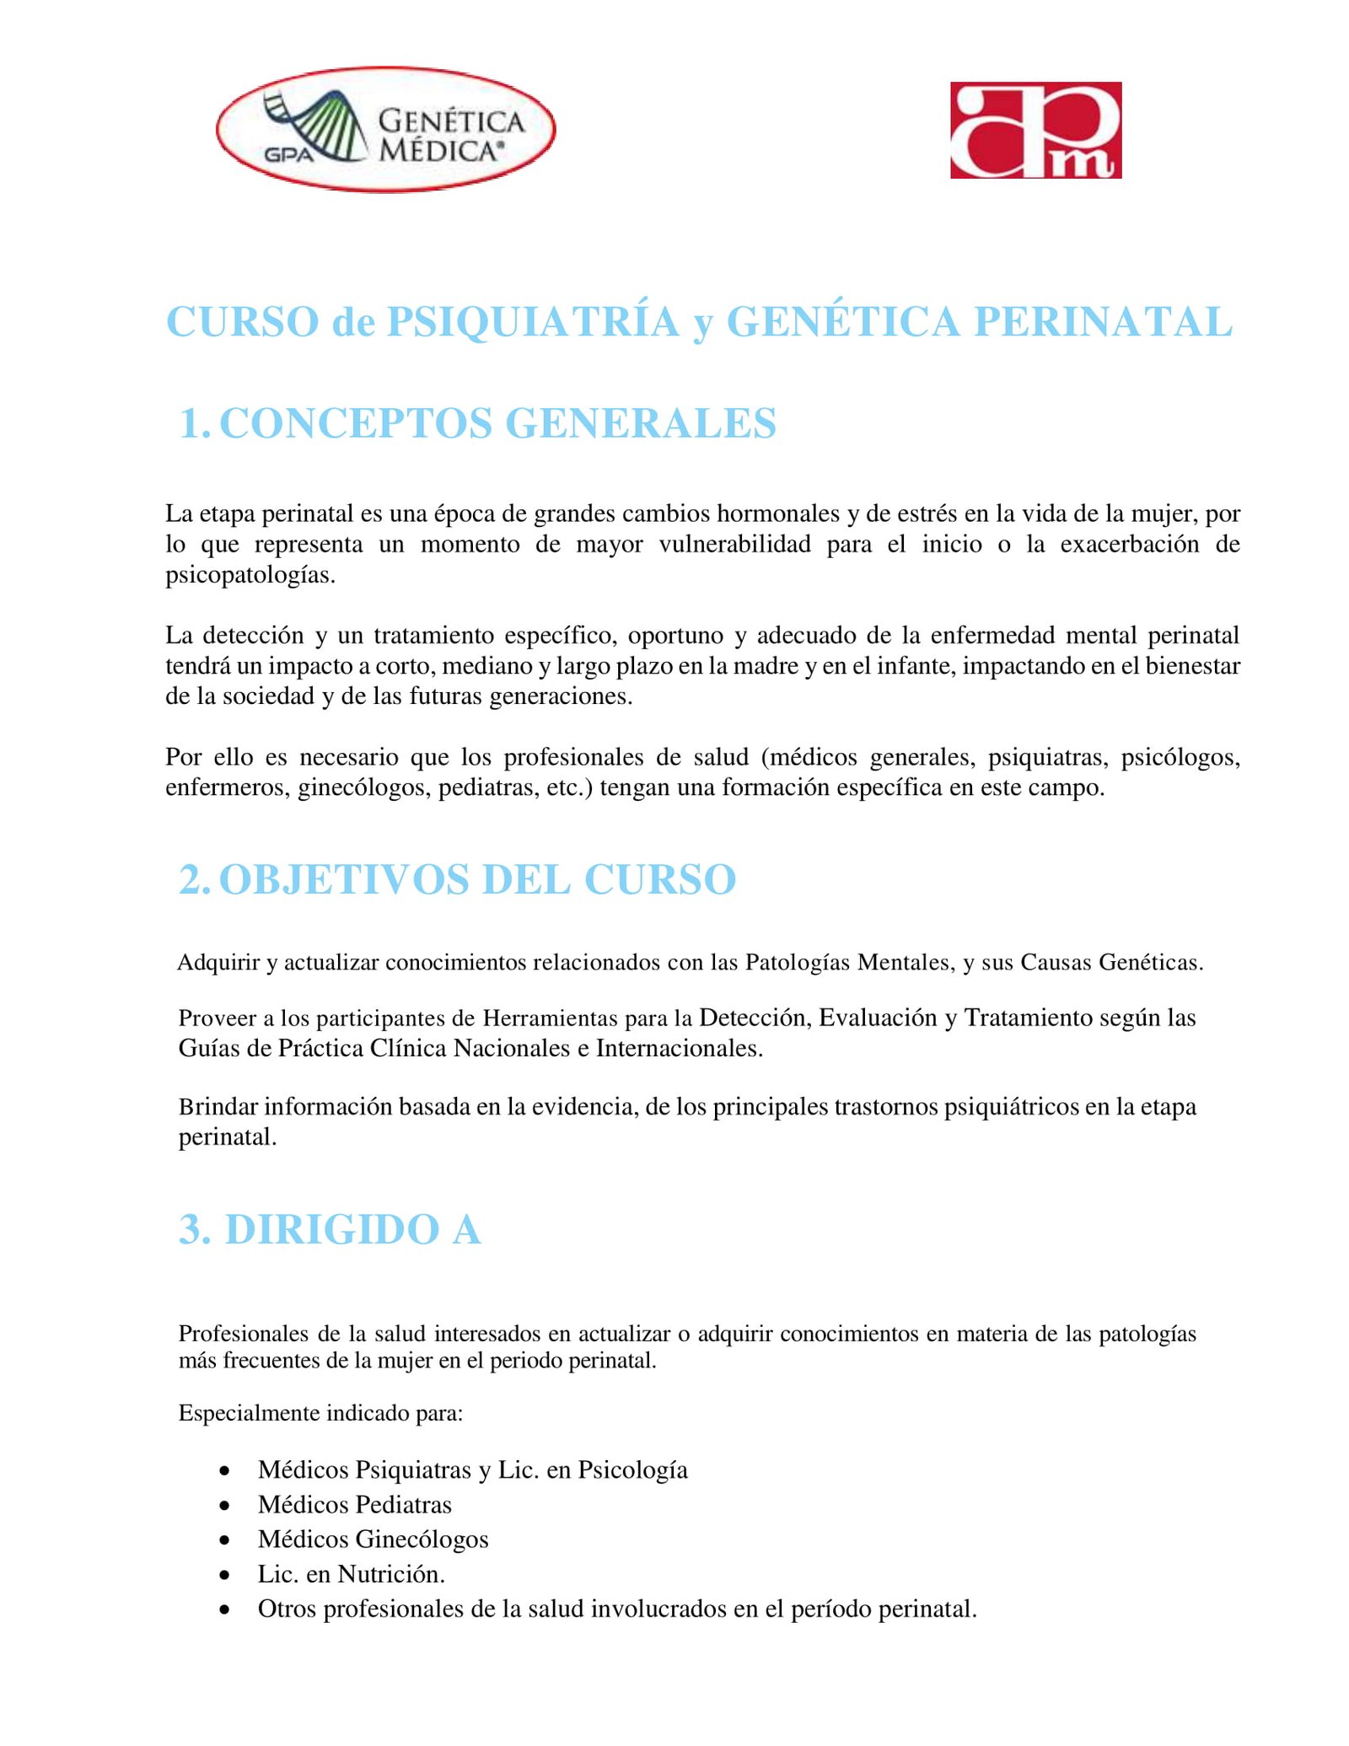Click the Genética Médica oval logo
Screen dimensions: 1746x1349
(x=385, y=129)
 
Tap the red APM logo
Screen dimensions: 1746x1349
(x=1035, y=130)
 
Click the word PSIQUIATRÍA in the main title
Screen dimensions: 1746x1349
(x=533, y=322)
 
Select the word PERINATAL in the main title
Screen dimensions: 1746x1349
(x=1103, y=322)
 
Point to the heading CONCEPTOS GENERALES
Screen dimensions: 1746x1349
(x=497, y=423)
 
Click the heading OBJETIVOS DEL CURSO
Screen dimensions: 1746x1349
(x=477, y=879)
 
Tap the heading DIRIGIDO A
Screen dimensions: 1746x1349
(x=352, y=1229)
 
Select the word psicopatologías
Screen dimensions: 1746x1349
(x=250, y=576)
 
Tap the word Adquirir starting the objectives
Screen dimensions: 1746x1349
(x=218, y=962)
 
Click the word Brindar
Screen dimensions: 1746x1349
(x=218, y=1107)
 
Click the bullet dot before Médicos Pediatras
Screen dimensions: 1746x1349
(x=224, y=1506)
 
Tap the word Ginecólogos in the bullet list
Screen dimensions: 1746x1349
(x=422, y=1539)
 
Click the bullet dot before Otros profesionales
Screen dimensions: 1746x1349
(x=224, y=1609)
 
